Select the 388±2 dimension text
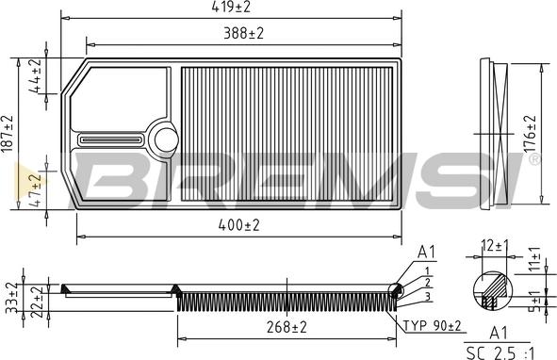pos(242,33)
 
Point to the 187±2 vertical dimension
pos(8,134)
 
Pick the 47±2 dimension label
pos(36,188)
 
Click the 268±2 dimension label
pos(286,328)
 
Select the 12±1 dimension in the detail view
pos(495,246)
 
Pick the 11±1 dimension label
pos(534,259)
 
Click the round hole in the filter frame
pos(166,139)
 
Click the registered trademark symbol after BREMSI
pos(535,161)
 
